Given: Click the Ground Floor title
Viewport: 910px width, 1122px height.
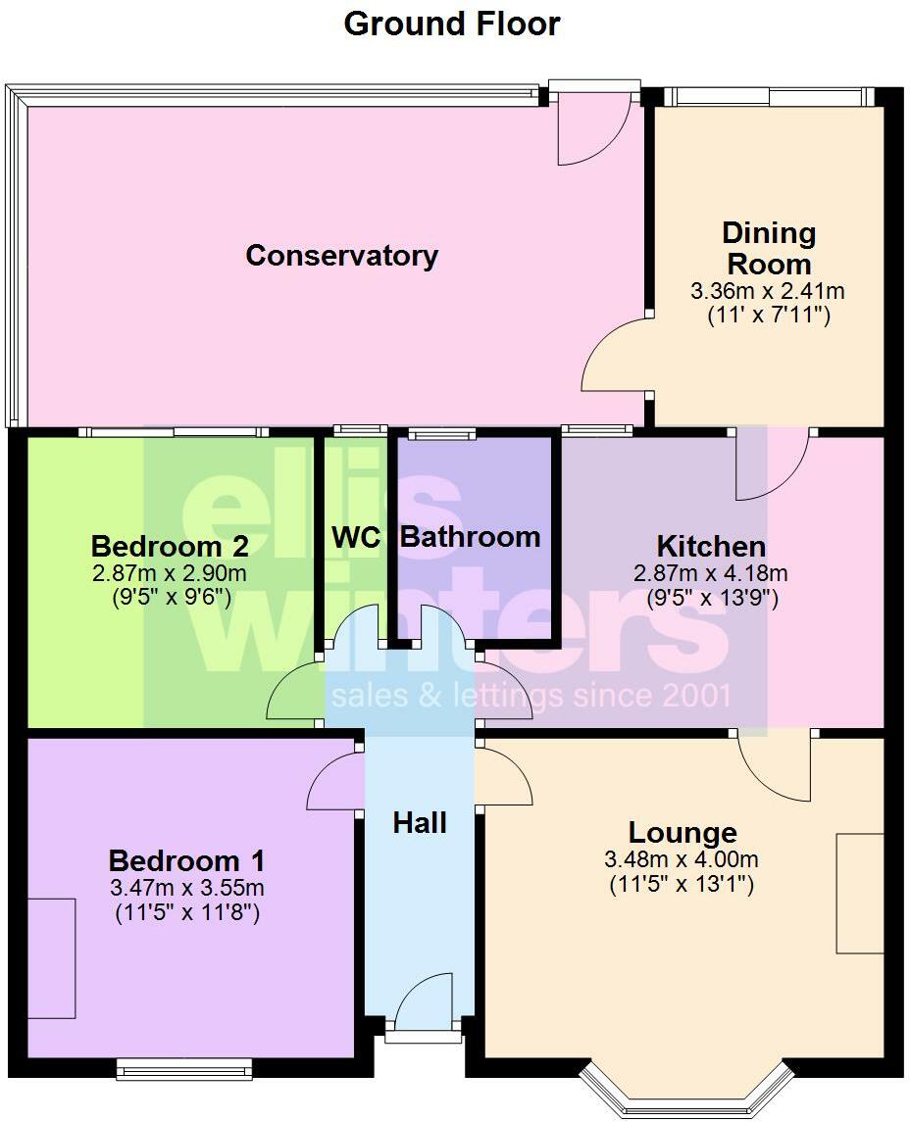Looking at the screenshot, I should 452,24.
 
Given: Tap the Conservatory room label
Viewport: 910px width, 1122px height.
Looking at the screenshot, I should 341,256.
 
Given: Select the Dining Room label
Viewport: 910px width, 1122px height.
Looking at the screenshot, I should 769,249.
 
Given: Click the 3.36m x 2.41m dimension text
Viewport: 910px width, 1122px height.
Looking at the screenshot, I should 768,291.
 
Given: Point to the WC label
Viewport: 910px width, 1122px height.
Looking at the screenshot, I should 355,538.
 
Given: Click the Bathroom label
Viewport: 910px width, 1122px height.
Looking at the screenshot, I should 471,537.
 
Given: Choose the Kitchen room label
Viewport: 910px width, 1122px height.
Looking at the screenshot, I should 711,547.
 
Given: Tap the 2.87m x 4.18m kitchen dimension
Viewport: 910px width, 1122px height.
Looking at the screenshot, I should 711,573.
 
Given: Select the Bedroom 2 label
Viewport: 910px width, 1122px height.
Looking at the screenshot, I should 170,546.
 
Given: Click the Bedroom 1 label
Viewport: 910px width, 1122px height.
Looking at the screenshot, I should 186,861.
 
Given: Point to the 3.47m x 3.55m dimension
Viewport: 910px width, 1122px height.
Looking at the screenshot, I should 186,889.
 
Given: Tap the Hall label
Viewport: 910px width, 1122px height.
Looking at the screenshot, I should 420,823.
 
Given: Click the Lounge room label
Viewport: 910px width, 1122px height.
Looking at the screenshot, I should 682,833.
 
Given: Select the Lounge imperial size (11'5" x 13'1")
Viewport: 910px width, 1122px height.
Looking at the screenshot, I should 682,884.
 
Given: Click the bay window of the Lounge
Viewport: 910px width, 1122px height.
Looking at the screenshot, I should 685,1093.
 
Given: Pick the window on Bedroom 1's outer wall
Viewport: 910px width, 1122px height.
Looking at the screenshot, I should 184,1069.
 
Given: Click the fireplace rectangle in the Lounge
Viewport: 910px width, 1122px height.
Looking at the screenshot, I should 859,893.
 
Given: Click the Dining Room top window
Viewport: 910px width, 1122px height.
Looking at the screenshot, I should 768,96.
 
